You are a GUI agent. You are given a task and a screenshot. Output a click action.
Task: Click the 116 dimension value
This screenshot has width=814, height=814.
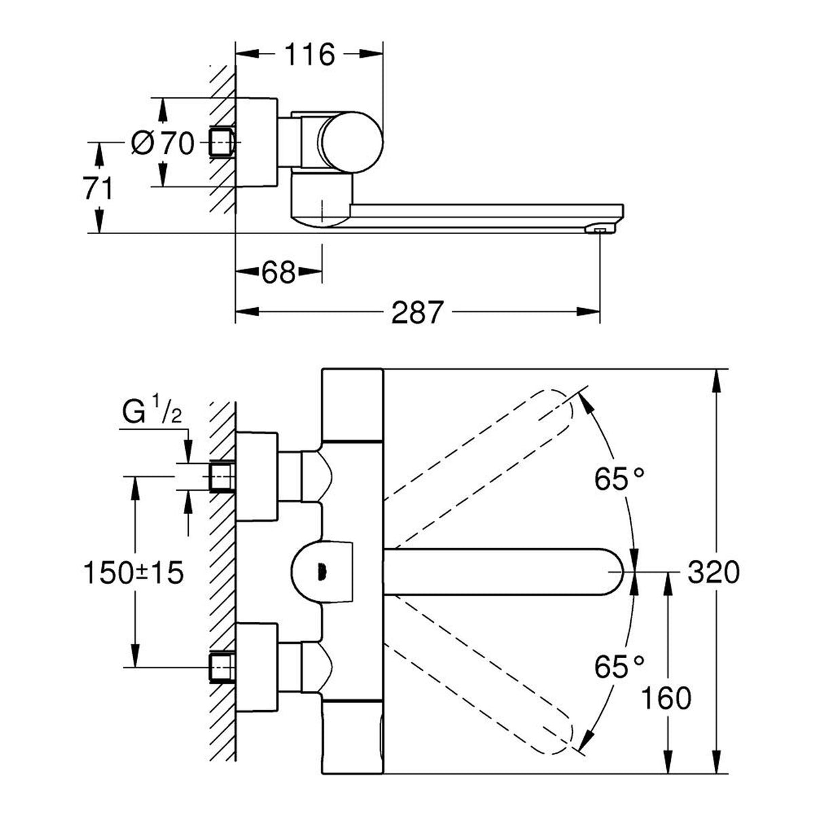309,54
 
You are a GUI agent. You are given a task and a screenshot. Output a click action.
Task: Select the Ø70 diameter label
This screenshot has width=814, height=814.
163,143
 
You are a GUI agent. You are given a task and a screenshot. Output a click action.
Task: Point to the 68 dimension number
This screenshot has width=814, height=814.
278,272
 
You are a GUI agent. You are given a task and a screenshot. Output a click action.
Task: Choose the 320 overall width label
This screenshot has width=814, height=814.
714,572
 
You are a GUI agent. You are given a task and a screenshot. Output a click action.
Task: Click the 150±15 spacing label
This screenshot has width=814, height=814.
134,573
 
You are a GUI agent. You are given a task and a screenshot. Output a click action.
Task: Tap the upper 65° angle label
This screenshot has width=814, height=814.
619,479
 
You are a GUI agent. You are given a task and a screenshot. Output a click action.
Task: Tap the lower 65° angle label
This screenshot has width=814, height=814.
619,666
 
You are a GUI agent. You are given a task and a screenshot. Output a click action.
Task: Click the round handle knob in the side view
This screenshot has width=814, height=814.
350,142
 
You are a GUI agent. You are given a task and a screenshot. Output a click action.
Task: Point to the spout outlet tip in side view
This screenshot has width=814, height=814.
600,229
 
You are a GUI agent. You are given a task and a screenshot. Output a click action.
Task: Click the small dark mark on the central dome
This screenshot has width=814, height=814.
322,572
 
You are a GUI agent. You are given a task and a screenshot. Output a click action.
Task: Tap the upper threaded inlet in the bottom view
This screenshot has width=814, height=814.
222,476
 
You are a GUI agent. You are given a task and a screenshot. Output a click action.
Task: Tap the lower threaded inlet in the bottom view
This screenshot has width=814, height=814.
222,668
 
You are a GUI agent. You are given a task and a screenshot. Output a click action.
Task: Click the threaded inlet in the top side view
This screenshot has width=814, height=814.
222,142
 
